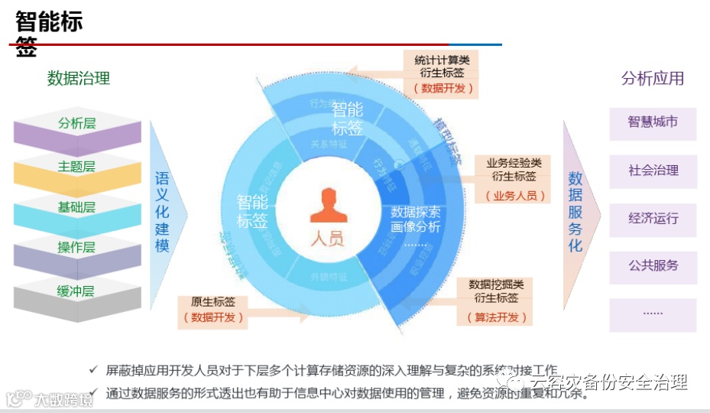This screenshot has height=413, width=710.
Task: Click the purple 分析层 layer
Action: click(77, 124)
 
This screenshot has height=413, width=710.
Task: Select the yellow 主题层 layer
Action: click(77, 167)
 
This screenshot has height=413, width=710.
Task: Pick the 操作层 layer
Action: click(77, 249)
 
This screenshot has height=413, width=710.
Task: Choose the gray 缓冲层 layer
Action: click(77, 292)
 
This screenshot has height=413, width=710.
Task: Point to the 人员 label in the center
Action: click(327, 238)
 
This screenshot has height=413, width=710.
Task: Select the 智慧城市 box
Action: click(653, 122)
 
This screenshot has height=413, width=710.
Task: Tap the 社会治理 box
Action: click(653, 171)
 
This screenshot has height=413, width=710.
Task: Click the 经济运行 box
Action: click(653, 219)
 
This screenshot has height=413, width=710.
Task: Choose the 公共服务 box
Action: click(653, 267)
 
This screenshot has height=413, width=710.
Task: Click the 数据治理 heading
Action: click(79, 78)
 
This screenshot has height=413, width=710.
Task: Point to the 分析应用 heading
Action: click(652, 78)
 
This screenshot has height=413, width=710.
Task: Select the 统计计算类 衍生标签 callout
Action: click(443, 73)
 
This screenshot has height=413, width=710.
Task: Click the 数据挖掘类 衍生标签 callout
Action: click(496, 299)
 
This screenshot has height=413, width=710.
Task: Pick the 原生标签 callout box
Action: click(213, 310)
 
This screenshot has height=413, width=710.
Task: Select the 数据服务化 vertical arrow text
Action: click(575, 213)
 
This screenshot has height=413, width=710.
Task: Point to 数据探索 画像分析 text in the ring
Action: click(416, 220)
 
